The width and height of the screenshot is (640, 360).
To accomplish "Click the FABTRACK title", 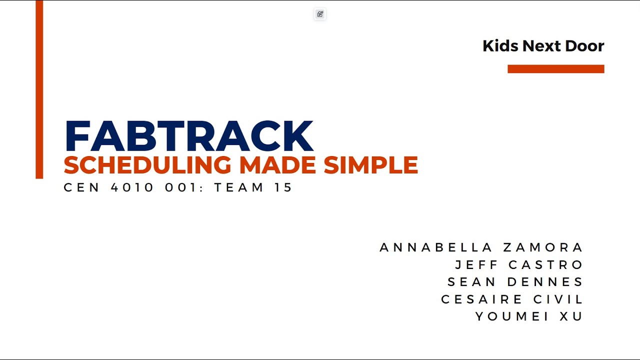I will click(x=188, y=136).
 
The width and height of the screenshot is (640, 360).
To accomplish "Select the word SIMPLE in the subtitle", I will click(x=370, y=165).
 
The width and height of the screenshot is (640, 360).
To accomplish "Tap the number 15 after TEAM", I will click(x=283, y=187).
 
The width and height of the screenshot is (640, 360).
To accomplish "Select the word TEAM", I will click(x=239, y=187).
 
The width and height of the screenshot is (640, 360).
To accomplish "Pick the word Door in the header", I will click(x=584, y=46).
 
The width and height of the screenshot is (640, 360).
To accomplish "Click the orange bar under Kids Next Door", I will click(x=555, y=69).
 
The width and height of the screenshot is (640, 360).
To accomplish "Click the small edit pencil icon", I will click(x=320, y=14).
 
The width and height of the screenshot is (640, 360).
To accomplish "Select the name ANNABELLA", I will click(x=436, y=247).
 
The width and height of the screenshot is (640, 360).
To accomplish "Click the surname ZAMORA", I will click(x=543, y=247).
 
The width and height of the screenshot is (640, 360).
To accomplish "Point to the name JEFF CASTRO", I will click(x=519, y=264).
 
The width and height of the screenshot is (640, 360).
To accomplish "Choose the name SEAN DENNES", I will click(x=515, y=282).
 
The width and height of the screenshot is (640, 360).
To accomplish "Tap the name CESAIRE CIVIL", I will click(x=512, y=299).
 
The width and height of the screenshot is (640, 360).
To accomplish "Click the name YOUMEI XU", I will click(x=529, y=316).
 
